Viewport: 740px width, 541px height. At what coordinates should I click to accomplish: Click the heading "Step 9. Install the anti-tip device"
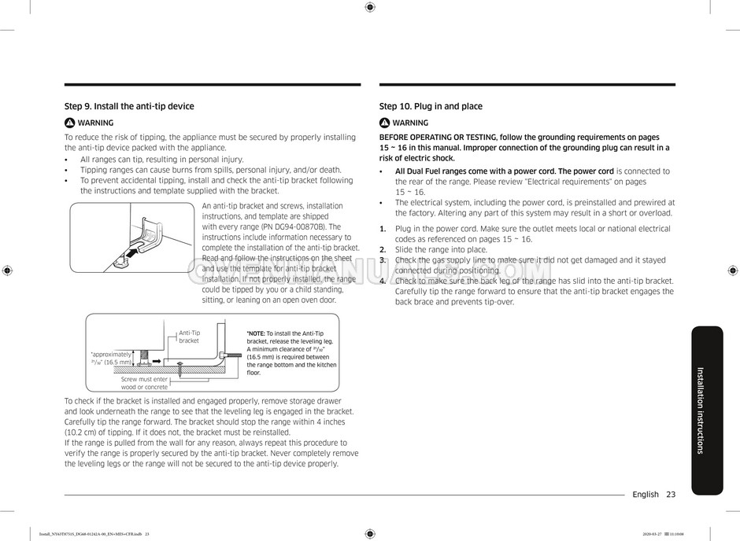(x=129, y=106)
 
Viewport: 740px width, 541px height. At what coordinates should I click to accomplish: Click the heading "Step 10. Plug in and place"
(x=431, y=106)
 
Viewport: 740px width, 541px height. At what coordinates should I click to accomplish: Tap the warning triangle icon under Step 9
(x=69, y=123)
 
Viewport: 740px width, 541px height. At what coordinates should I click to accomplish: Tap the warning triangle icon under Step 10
(x=384, y=123)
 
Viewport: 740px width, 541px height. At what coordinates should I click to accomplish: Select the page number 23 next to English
(x=671, y=495)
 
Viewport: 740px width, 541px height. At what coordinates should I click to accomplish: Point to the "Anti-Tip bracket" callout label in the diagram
(x=189, y=337)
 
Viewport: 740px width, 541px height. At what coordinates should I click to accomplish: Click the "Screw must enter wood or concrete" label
(x=144, y=383)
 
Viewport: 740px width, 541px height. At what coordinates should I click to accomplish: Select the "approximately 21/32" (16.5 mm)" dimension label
(x=111, y=358)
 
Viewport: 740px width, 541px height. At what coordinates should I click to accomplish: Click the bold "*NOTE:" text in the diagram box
(x=257, y=333)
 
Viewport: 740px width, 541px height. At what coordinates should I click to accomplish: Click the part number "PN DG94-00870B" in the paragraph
(x=293, y=226)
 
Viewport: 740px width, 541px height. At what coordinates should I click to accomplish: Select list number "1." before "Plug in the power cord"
(x=383, y=229)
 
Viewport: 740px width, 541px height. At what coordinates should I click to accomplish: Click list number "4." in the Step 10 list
(x=383, y=281)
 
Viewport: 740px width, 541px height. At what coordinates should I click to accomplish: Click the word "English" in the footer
(x=646, y=495)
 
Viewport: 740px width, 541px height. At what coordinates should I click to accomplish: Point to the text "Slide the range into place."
(x=441, y=250)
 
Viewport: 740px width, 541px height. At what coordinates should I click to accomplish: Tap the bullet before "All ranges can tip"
(x=68, y=160)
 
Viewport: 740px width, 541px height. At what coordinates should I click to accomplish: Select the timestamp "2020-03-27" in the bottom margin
(x=654, y=534)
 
